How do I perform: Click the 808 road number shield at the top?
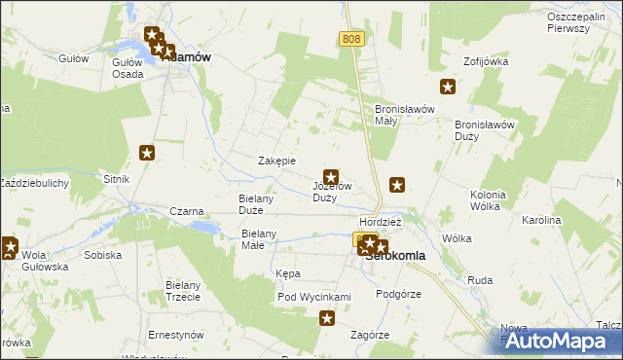pos(352,38)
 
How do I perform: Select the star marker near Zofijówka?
pos(448,88)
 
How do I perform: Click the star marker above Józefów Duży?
pos(331,177)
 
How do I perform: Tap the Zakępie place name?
pos(275,161)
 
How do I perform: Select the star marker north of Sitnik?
pos(147,153)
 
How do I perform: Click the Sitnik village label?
pos(117,180)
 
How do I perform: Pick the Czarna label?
pos(186,211)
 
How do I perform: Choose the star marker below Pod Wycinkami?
pos(327,317)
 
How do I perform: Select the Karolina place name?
pos(541,221)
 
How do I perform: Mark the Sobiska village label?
pos(102,255)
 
